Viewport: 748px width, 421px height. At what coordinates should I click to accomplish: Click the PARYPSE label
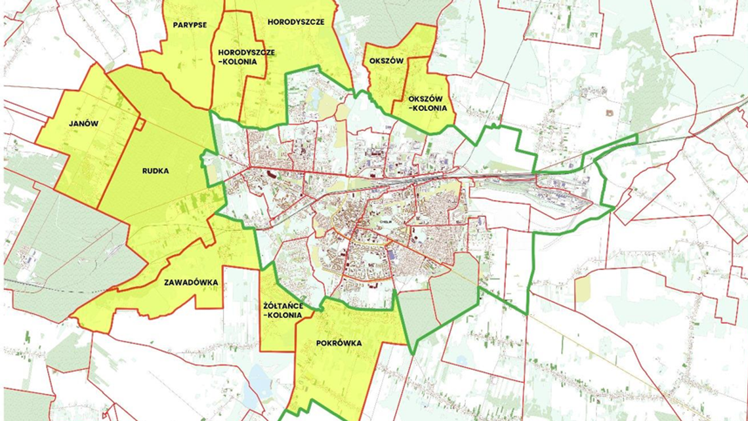click(190, 25)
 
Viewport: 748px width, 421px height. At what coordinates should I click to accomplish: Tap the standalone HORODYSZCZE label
click(296, 22)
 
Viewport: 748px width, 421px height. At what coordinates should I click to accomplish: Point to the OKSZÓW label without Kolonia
click(386, 60)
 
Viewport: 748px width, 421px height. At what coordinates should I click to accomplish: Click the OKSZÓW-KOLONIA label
click(427, 104)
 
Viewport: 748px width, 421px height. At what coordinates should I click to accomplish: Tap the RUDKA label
click(156, 171)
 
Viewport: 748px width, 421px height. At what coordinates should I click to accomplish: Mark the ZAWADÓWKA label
click(191, 283)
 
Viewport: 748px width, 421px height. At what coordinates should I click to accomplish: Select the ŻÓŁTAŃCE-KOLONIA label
click(283, 310)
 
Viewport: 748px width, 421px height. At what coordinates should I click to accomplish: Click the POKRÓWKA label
click(339, 343)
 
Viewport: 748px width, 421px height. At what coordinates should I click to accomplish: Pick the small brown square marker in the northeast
click(610, 113)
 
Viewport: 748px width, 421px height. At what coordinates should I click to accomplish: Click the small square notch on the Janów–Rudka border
click(140, 124)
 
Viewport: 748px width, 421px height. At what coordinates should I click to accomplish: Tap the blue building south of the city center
click(392, 254)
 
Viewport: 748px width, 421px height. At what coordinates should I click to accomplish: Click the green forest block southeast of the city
click(454, 289)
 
